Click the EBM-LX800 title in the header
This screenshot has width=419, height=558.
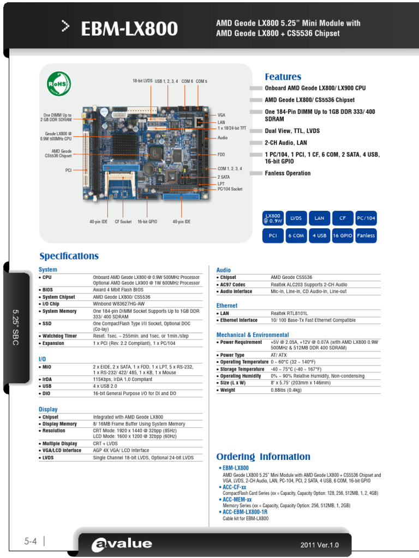click(x=129, y=29)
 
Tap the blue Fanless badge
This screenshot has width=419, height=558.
click(x=366, y=235)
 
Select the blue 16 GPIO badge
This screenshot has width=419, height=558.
click(x=343, y=235)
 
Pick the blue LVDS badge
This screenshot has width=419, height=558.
click(x=296, y=218)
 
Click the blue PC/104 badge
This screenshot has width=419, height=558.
click(x=366, y=218)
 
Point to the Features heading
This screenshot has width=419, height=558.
click(x=283, y=77)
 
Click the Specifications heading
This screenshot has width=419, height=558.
click(x=69, y=256)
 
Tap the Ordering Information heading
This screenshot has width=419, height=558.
click(x=263, y=457)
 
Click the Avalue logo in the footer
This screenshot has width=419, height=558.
click(x=122, y=543)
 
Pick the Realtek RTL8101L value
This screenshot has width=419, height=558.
click(x=289, y=313)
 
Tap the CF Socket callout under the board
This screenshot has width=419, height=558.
click(x=123, y=222)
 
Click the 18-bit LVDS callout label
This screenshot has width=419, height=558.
click(x=142, y=81)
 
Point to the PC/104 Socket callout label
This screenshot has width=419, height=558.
click(x=230, y=189)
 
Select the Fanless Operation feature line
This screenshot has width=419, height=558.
click(x=288, y=173)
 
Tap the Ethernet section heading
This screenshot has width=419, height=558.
click(x=227, y=306)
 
